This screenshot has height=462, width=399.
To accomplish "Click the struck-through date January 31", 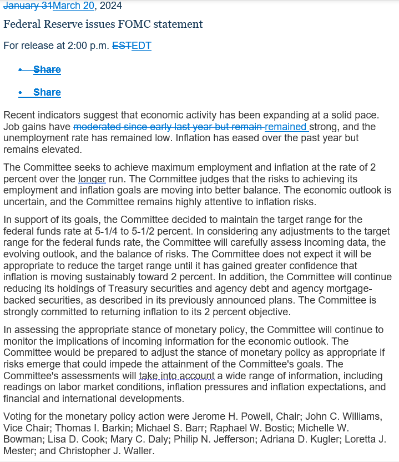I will pyautogui.click(x=28, y=6).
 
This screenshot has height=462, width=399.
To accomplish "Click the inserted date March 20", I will pyautogui.click(x=74, y=6).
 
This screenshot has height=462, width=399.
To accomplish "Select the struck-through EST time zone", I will pyautogui.click(x=122, y=46).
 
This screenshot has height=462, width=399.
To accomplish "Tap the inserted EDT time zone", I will pyautogui.click(x=141, y=46).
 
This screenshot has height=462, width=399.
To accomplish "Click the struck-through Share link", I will pyautogui.click(x=47, y=69).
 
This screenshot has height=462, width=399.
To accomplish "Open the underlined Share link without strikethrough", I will pyautogui.click(x=47, y=92).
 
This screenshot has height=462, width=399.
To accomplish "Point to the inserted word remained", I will pyautogui.click(x=286, y=127).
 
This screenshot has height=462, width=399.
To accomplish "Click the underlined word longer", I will pyautogui.click(x=92, y=180).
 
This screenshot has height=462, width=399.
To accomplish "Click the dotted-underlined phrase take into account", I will pyautogui.click(x=176, y=376).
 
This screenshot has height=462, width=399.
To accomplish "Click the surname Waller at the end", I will pyautogui.click(x=137, y=451).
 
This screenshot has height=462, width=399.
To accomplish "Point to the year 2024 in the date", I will pyautogui.click(x=110, y=6).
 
